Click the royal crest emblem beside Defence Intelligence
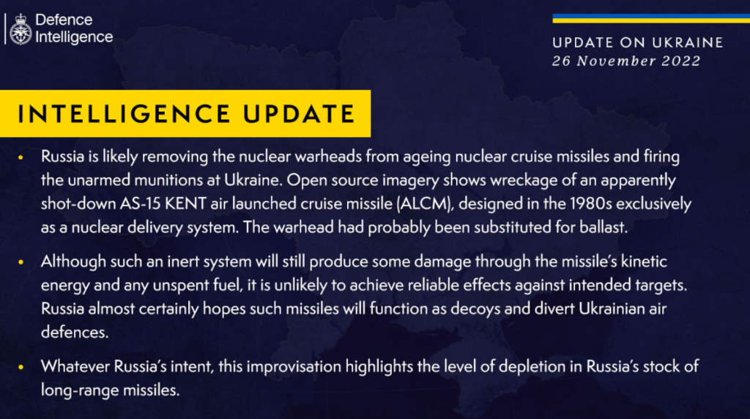[21, 29]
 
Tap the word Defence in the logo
[64, 20]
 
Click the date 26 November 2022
[626, 61]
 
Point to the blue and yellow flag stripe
[651, 18]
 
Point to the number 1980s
[591, 204]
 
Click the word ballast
[604, 227]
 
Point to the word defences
[75, 332]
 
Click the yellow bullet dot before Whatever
[20, 367]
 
